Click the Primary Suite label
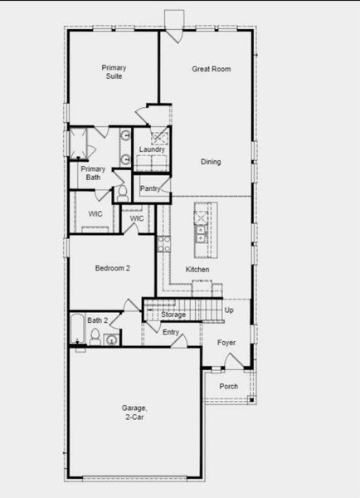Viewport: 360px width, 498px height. coord(113,71)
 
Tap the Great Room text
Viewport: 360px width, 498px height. coord(211,69)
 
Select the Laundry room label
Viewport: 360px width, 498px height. coord(152,149)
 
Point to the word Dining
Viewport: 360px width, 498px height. coord(211,162)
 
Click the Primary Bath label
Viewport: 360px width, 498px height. coord(91,172)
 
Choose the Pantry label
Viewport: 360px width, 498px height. coord(150,188)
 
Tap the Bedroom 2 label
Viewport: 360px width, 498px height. coord(112,268)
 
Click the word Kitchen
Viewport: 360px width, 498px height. coord(197,270)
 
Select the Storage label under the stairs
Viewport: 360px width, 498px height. coord(173,315)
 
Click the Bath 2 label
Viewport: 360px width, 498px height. coord(98,320)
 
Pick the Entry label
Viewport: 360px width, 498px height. coord(171,333)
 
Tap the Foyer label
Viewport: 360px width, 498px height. coord(226,342)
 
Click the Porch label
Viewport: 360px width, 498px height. coord(228,387)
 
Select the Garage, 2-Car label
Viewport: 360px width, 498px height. coord(134,412)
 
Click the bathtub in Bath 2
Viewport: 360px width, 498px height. coord(75,330)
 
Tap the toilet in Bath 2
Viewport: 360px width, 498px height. coord(95,337)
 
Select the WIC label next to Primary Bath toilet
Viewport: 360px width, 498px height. coord(137,218)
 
